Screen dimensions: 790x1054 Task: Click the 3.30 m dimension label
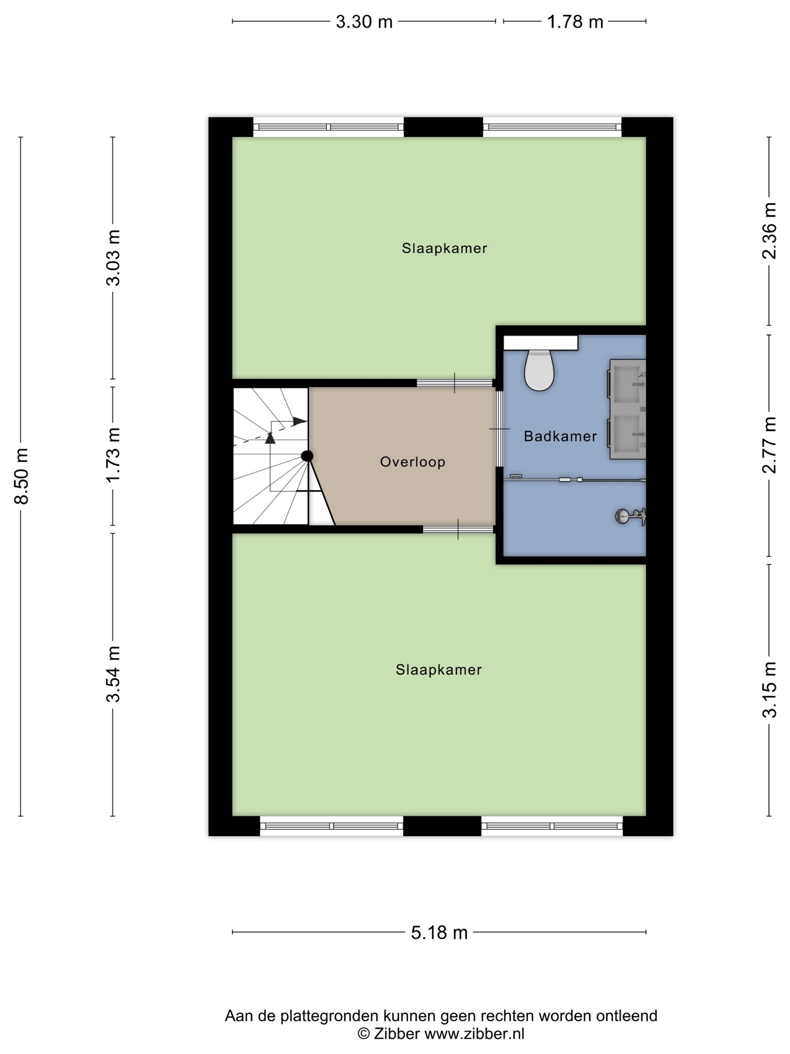coord(364,22)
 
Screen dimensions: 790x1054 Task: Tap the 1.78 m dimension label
coord(575,22)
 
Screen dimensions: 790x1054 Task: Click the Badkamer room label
coord(560,436)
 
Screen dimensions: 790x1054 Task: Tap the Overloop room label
coord(412,462)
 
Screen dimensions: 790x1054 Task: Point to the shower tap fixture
coord(630,516)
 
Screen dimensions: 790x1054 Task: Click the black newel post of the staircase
coord(307,456)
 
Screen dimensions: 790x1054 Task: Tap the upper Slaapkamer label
coord(444,248)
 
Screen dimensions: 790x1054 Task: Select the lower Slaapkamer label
coord(439,670)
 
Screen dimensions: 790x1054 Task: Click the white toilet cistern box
coord(541,343)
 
